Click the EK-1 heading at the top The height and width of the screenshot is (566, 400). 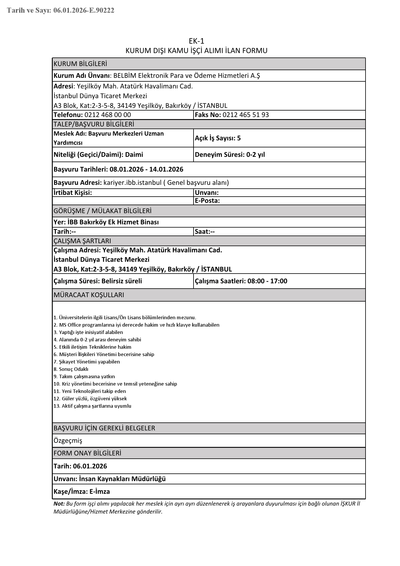[x=196, y=41]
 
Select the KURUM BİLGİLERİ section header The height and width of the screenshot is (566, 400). [x=80, y=64]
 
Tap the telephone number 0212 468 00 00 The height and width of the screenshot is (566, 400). [x=108, y=115]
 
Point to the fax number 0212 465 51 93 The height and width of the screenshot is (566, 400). [x=246, y=115]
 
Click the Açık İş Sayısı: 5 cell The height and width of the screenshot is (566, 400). [x=218, y=138]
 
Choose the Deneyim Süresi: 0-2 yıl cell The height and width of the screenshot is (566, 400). [x=230, y=155]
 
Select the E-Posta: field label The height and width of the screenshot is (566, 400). [x=207, y=201]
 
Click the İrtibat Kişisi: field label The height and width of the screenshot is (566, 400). [x=73, y=193]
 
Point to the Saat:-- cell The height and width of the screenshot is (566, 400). [x=205, y=232]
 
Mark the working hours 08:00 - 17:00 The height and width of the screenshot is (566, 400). [x=267, y=281]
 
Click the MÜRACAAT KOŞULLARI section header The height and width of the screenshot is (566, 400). [x=89, y=295]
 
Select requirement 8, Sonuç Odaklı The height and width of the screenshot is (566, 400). [x=71, y=369]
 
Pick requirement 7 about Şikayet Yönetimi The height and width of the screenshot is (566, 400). [x=87, y=362]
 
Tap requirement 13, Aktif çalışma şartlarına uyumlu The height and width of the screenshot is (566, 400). [x=92, y=406]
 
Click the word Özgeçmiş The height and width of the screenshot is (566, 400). [x=68, y=441]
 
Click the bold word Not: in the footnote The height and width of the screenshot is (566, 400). [x=59, y=504]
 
